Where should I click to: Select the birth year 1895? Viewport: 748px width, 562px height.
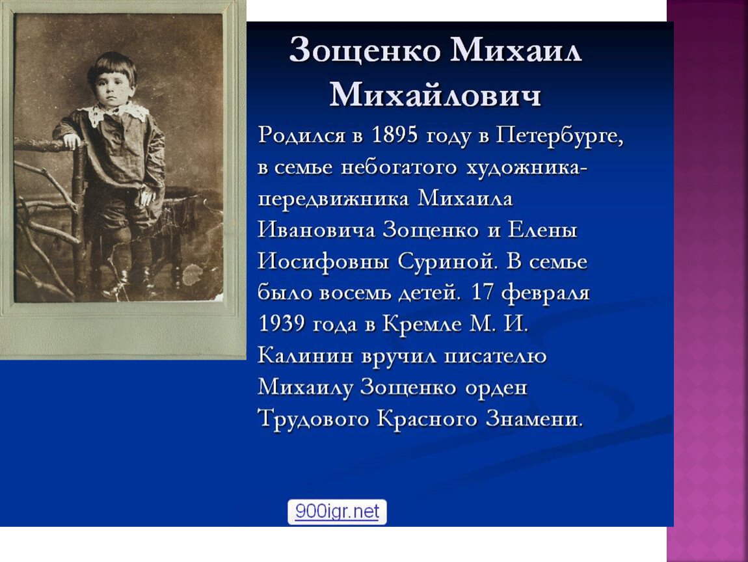395,135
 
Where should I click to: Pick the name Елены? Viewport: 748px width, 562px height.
542,230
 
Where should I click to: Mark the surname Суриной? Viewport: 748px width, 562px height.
447,261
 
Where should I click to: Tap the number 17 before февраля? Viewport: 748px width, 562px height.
483,293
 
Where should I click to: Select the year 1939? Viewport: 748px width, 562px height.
282,324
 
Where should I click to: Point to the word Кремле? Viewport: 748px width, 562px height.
422,325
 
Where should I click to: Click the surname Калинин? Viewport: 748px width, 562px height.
305,356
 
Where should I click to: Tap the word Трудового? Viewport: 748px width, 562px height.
314,419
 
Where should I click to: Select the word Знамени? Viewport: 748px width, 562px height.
534,419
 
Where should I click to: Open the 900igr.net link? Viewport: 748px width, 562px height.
338,511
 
